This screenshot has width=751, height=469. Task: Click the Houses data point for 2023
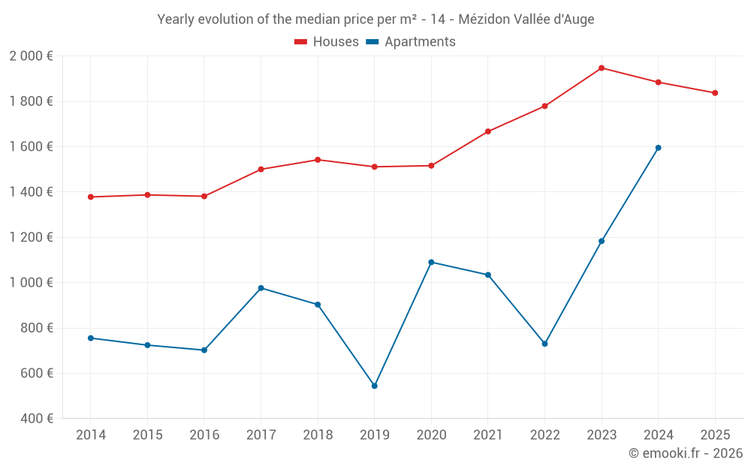[602, 68]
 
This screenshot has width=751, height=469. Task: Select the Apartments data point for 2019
[375, 386]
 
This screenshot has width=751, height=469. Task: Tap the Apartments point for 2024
[659, 148]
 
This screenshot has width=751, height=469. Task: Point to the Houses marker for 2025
[715, 93]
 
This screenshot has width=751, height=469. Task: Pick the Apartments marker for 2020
[431, 262]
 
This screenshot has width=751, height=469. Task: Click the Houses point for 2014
[91, 197]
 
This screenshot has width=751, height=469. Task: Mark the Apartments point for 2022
[544, 344]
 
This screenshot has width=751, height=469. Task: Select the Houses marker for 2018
[318, 160]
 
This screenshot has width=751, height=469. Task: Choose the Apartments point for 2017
[261, 288]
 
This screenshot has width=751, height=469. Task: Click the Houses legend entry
[327, 42]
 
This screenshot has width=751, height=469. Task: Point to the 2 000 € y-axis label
[31, 56]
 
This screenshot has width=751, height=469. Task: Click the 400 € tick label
[35, 418]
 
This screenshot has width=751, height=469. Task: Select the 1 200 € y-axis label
[31, 237]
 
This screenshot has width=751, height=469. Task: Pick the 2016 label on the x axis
[204, 435]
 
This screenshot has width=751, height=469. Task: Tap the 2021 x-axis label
[488, 435]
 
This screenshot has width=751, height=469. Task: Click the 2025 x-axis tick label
[715, 435]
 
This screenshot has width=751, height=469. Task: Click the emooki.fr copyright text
[685, 453]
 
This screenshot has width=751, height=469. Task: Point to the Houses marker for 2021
[488, 131]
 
